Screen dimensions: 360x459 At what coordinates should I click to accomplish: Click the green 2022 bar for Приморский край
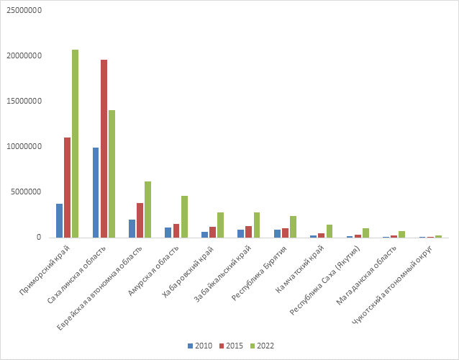(75, 144)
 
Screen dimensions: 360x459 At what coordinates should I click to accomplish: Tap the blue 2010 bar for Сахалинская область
(96, 193)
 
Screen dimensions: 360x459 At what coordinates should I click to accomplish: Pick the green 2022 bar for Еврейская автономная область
(147, 210)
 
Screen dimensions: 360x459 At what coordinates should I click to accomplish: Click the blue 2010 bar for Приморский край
(60, 221)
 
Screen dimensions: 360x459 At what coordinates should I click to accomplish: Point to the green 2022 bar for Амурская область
(184, 217)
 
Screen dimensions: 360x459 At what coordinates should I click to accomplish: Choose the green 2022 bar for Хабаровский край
(220, 225)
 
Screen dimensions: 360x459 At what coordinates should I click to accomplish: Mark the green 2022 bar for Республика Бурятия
(293, 227)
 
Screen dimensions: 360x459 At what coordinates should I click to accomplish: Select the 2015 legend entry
(231, 346)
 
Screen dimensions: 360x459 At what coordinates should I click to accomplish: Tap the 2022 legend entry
(263, 346)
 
